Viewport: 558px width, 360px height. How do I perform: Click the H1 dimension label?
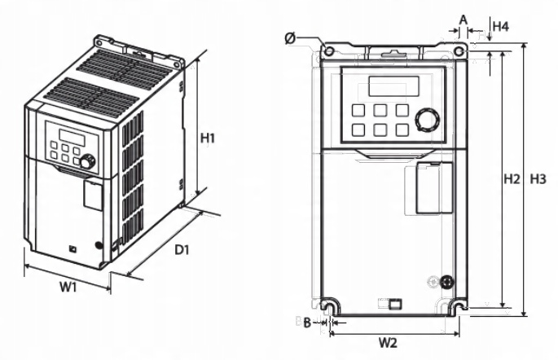[208, 138]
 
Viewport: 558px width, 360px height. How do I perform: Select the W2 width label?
[388, 342]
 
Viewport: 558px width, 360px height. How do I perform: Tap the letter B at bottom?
[307, 323]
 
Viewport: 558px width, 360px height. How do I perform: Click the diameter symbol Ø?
[291, 38]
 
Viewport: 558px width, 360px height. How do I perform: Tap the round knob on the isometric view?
[86, 161]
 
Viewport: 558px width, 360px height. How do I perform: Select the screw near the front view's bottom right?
[446, 282]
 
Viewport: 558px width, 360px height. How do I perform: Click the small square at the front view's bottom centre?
[395, 305]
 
